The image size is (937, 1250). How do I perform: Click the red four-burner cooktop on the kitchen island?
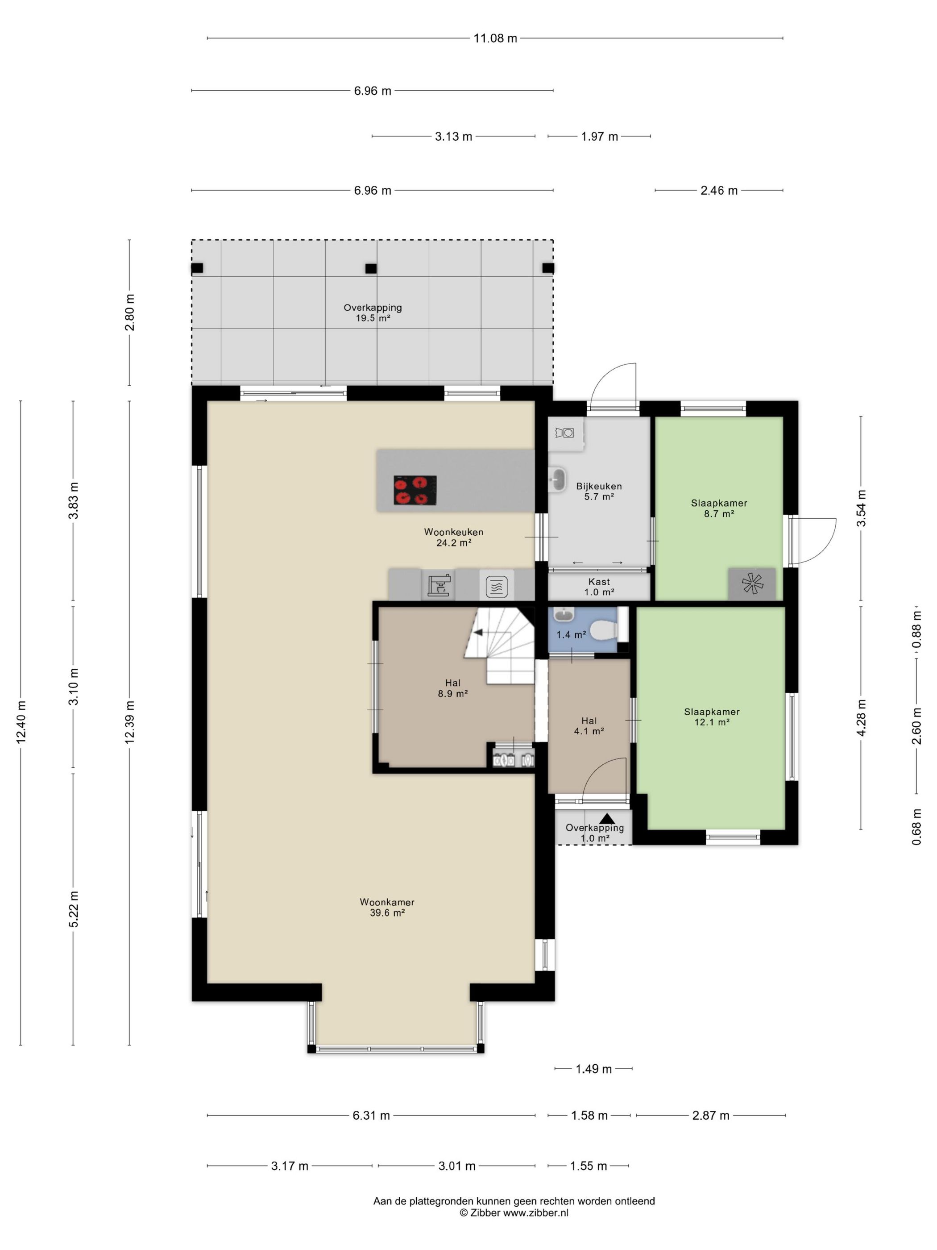[415, 490]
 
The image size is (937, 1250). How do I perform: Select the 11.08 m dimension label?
[495, 38]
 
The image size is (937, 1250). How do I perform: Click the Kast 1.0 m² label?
[599, 587]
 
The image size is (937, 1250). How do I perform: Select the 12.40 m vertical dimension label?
[21, 722]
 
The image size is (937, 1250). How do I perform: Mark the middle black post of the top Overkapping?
[370, 268]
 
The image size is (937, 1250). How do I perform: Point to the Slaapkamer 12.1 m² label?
[712, 717]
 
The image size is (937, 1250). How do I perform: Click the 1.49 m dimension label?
[593, 1069]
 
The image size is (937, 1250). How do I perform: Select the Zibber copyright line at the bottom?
[514, 1212]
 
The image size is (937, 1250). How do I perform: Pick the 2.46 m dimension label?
[719, 191]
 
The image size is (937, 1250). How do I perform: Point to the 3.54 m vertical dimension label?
[861, 508]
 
